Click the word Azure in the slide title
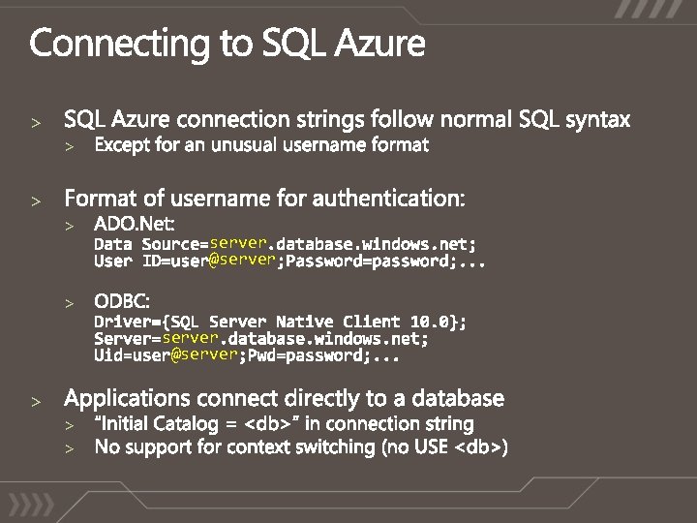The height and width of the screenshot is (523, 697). (380, 44)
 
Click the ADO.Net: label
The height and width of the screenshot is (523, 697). (135, 224)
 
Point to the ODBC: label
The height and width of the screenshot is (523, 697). (122, 301)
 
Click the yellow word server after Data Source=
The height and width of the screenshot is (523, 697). (238, 243)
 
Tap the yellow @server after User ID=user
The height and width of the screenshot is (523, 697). (242, 260)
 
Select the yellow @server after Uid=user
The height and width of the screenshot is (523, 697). (204, 354)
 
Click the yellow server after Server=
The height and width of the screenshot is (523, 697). (191, 338)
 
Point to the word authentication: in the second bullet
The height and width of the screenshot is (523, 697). (388, 199)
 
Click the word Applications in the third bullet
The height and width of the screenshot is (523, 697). (127, 399)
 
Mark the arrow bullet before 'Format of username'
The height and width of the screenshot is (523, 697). (36, 201)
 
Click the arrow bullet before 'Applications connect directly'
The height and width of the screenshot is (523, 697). (36, 402)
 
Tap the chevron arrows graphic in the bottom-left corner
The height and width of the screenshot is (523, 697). (31, 505)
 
